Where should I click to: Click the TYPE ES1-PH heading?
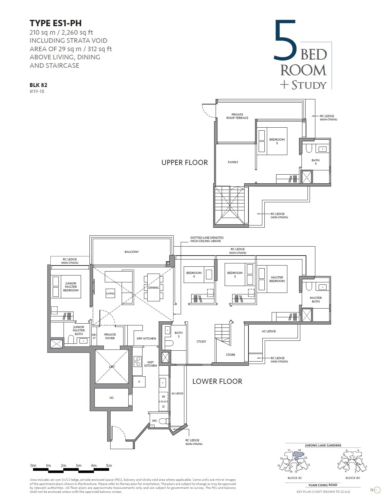pos(55,23)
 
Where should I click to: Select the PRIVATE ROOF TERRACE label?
pos(237,116)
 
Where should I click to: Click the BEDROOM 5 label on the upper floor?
pos(277,141)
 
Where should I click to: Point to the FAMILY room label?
pos(233,162)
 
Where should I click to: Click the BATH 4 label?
pos(315,162)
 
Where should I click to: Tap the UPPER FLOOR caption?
pos(184,163)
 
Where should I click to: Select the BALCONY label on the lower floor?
pos(132,252)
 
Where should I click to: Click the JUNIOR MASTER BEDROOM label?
pos(71,287)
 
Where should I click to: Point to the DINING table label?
pos(153,287)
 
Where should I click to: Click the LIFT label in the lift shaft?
pos(111,367)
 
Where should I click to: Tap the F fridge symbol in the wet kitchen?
pos(139,382)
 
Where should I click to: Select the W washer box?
pos(164,396)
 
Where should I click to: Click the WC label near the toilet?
pos(155,421)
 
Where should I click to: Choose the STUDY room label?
pos(201,341)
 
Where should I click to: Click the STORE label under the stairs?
pos(230,355)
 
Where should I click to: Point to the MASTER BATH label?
pos(316,300)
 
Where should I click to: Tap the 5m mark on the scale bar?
pos(109,465)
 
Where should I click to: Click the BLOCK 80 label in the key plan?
pos(352,478)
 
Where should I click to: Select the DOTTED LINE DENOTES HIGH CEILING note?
pos(207,239)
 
